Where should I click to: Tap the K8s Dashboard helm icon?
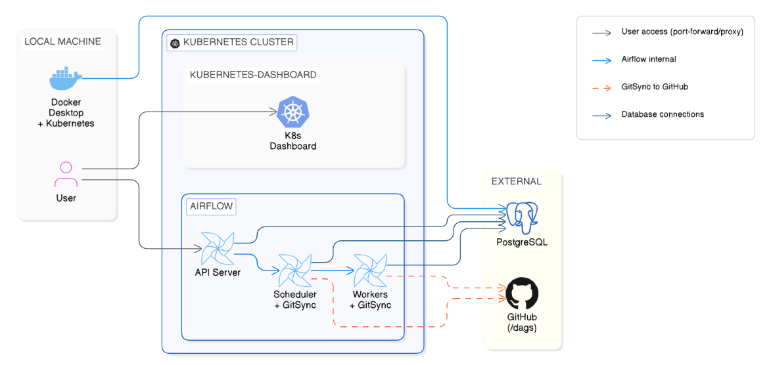[x=292, y=112]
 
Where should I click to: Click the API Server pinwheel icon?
[x=217, y=248]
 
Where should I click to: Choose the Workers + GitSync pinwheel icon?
[x=370, y=270]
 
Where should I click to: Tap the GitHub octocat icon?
[x=522, y=293]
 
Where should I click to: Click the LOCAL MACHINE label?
[x=62, y=41]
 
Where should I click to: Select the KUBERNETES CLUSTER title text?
[x=238, y=43]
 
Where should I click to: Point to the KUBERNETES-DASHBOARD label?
[x=253, y=75]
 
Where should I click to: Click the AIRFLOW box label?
[x=211, y=206]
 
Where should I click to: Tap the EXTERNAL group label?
[x=516, y=181]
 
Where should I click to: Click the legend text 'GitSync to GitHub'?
[x=655, y=87]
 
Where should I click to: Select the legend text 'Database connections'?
[x=663, y=114]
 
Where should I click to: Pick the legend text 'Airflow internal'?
[x=649, y=59]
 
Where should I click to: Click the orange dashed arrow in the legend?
[x=601, y=87]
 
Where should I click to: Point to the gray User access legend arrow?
[x=601, y=32]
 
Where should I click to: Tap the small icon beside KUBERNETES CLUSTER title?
[x=175, y=43]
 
